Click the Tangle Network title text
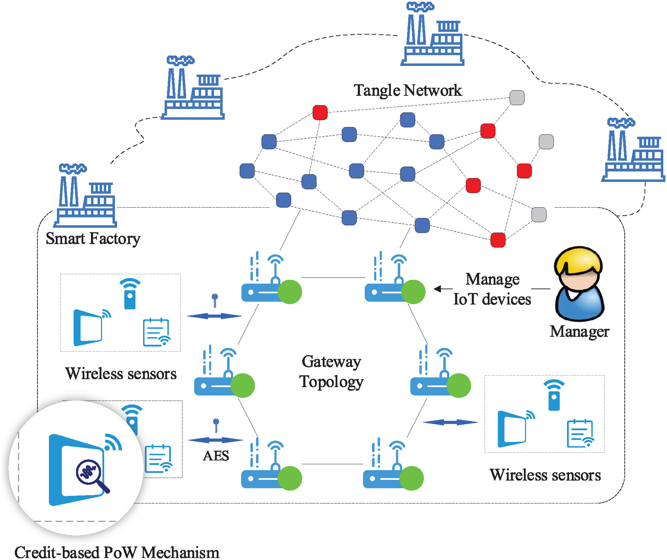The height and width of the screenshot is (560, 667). point(408,90)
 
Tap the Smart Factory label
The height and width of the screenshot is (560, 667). point(93,238)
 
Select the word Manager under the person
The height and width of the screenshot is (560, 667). point(579,331)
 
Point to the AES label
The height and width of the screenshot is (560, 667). point(216,456)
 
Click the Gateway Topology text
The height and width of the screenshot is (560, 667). point(331,371)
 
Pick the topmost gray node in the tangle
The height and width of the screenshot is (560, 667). point(517,97)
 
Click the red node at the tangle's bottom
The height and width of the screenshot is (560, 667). point(498,240)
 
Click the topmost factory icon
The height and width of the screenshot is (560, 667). point(432,35)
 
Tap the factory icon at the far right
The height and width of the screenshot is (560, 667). point(633,151)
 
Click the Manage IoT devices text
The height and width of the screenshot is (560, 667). point(492,289)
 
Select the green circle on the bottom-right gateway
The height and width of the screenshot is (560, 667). point(411,478)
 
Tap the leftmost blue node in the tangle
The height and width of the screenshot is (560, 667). point(247,171)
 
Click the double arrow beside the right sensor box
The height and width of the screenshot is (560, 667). point(450,422)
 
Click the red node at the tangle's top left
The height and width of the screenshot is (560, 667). point(320,112)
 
